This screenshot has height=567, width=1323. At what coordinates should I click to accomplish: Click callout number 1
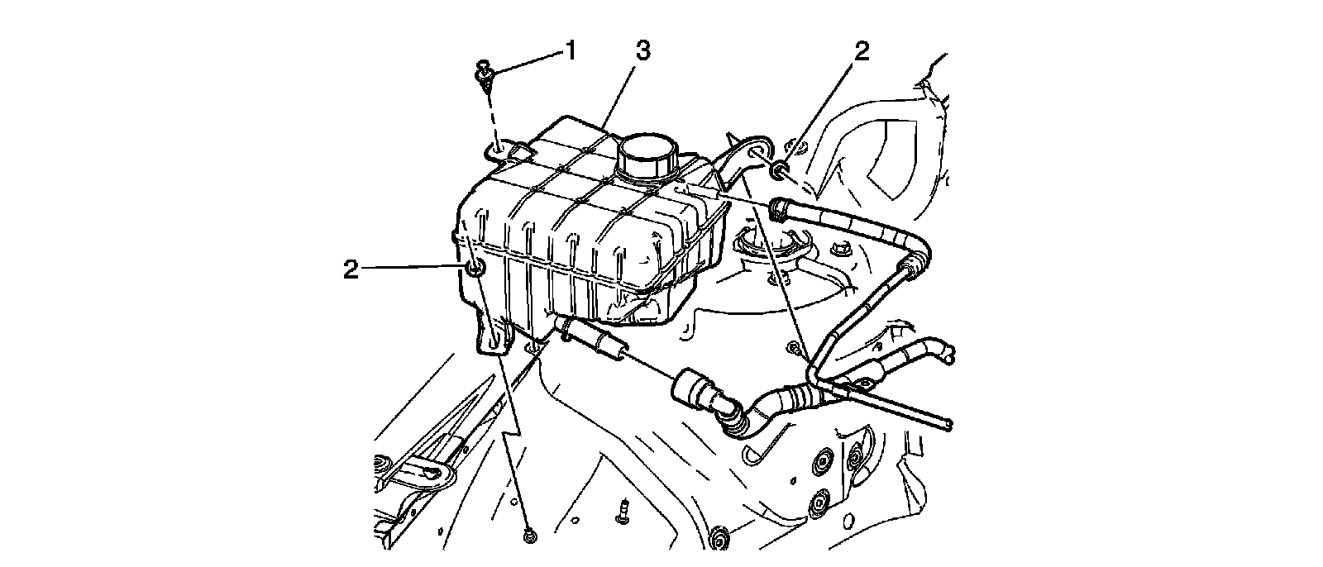click(x=569, y=51)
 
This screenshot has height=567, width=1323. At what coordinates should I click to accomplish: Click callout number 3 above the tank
click(x=642, y=50)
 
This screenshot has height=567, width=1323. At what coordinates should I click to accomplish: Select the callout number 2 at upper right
click(x=862, y=52)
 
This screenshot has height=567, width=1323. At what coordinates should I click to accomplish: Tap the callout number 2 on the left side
click(x=351, y=269)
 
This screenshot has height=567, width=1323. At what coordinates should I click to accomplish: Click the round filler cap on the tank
click(x=646, y=155)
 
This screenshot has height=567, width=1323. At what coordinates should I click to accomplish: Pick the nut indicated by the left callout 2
click(x=474, y=269)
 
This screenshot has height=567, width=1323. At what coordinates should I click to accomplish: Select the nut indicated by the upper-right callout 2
click(x=779, y=172)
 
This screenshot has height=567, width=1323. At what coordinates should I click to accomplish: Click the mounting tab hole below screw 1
click(x=499, y=150)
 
